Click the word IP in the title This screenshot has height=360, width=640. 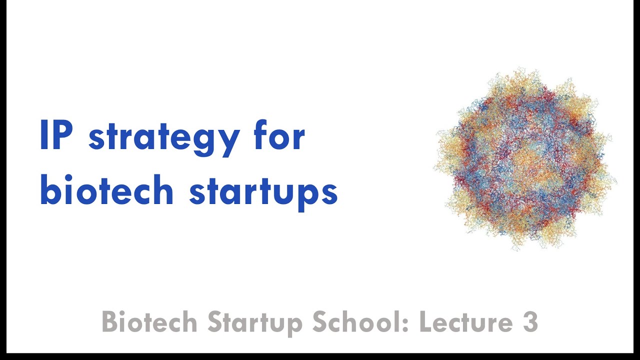click(56, 136)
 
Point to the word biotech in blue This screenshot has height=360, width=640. click(106, 190)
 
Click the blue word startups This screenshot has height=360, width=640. click(263, 192)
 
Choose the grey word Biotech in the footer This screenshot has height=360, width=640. click(149, 322)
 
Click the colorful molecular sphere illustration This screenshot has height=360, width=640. click(524, 160)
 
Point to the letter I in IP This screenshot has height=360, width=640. click(43, 136)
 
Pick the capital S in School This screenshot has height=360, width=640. click(320, 322)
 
